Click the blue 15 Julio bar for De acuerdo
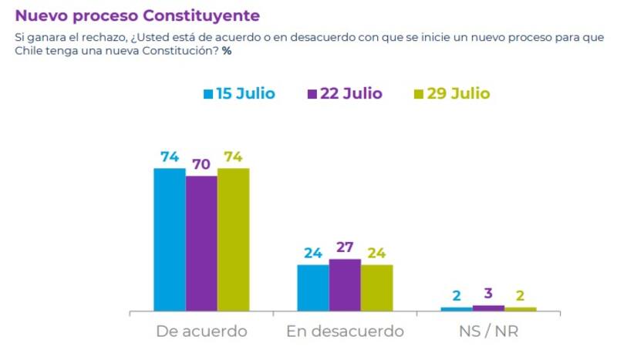pyautogui.click(x=170, y=240)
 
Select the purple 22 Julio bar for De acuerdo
pyautogui.click(x=201, y=244)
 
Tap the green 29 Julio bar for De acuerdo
pyautogui.click(x=233, y=240)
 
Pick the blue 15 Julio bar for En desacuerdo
pyautogui.click(x=312, y=288)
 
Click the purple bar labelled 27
pyautogui.click(x=345, y=285)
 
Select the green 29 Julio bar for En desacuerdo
pyautogui.click(x=376, y=288)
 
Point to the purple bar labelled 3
pyautogui.click(x=488, y=308)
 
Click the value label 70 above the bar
pyautogui.click(x=201, y=164)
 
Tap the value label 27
pyautogui.click(x=345, y=247)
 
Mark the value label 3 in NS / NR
pyautogui.click(x=488, y=294)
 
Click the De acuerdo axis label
pyautogui.click(x=201, y=331)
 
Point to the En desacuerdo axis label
pyautogui.click(x=345, y=331)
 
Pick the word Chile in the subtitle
pyautogui.click(x=30, y=51)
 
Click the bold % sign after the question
pyautogui.click(x=226, y=51)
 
